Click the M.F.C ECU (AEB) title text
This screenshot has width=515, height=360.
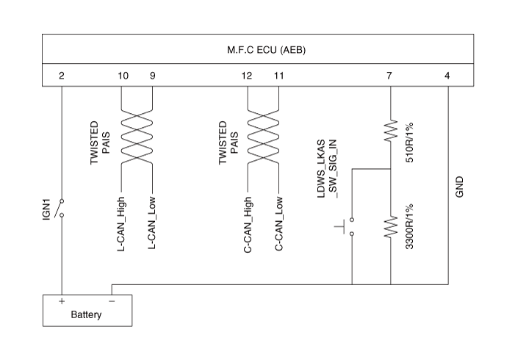point(267,50)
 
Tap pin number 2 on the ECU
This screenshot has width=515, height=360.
point(62,76)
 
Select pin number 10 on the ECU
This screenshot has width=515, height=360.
point(123,76)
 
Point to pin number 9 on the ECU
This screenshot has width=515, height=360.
point(152,76)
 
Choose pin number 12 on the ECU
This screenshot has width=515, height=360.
point(247,76)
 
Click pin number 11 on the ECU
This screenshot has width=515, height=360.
point(279,76)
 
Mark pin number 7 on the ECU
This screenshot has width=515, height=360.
point(389,76)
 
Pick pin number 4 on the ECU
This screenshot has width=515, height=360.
point(447,76)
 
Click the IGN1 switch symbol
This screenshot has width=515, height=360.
point(60,208)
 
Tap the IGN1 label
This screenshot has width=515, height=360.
point(46,209)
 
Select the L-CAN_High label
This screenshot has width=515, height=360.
point(121,224)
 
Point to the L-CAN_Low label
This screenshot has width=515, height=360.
point(152,223)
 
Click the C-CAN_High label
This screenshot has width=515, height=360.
point(248,225)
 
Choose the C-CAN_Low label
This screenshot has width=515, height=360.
point(279,223)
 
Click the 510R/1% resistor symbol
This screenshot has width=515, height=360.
point(391,131)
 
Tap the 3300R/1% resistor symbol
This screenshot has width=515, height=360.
point(391,227)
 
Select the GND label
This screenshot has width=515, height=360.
point(459,187)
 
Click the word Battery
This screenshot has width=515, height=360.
point(86,314)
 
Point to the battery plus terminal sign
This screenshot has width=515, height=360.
point(62,301)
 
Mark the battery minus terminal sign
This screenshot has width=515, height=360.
point(112,301)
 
